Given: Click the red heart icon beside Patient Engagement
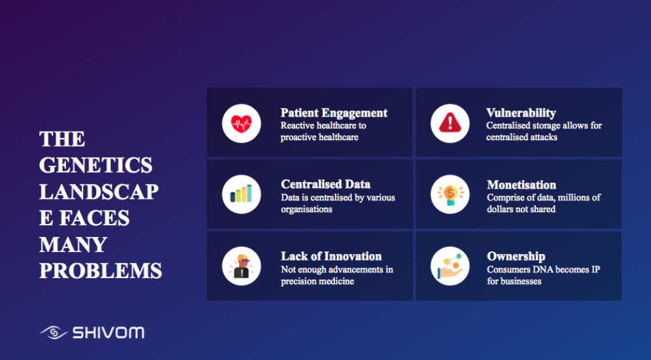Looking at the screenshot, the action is pyautogui.click(x=241, y=124).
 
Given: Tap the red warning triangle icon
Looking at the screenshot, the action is pyautogui.click(x=450, y=123).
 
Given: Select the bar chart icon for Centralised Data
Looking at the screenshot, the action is pyautogui.click(x=241, y=194).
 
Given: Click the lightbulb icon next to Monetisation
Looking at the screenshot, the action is pyautogui.click(x=450, y=194).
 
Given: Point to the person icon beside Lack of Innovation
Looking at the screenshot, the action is pyautogui.click(x=241, y=266).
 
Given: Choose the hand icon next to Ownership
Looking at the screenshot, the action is pyautogui.click(x=450, y=266).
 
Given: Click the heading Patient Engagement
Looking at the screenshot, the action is pyautogui.click(x=334, y=113).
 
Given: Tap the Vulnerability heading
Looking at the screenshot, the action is pyautogui.click(x=521, y=113).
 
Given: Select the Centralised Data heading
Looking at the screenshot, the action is pyautogui.click(x=326, y=184).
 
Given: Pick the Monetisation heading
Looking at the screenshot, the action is pyautogui.click(x=521, y=185).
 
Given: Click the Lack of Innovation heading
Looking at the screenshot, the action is pyautogui.click(x=331, y=256).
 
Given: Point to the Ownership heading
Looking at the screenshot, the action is pyautogui.click(x=516, y=257).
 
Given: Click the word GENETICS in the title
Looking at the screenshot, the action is pyautogui.click(x=96, y=165).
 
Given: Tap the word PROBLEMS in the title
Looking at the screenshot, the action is pyautogui.click(x=101, y=271).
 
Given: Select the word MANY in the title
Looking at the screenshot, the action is pyautogui.click(x=73, y=245).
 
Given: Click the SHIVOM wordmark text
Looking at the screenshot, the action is pyautogui.click(x=109, y=333).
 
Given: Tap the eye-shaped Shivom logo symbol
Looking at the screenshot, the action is pyautogui.click(x=54, y=333).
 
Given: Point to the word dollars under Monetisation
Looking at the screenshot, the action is pyautogui.click(x=501, y=209).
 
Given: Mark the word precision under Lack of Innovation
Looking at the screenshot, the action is pyautogui.click(x=298, y=281).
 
